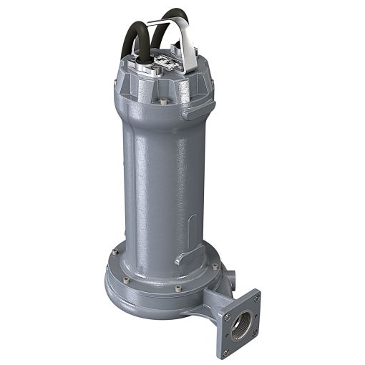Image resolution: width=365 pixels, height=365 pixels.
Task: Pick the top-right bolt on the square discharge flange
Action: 255,295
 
